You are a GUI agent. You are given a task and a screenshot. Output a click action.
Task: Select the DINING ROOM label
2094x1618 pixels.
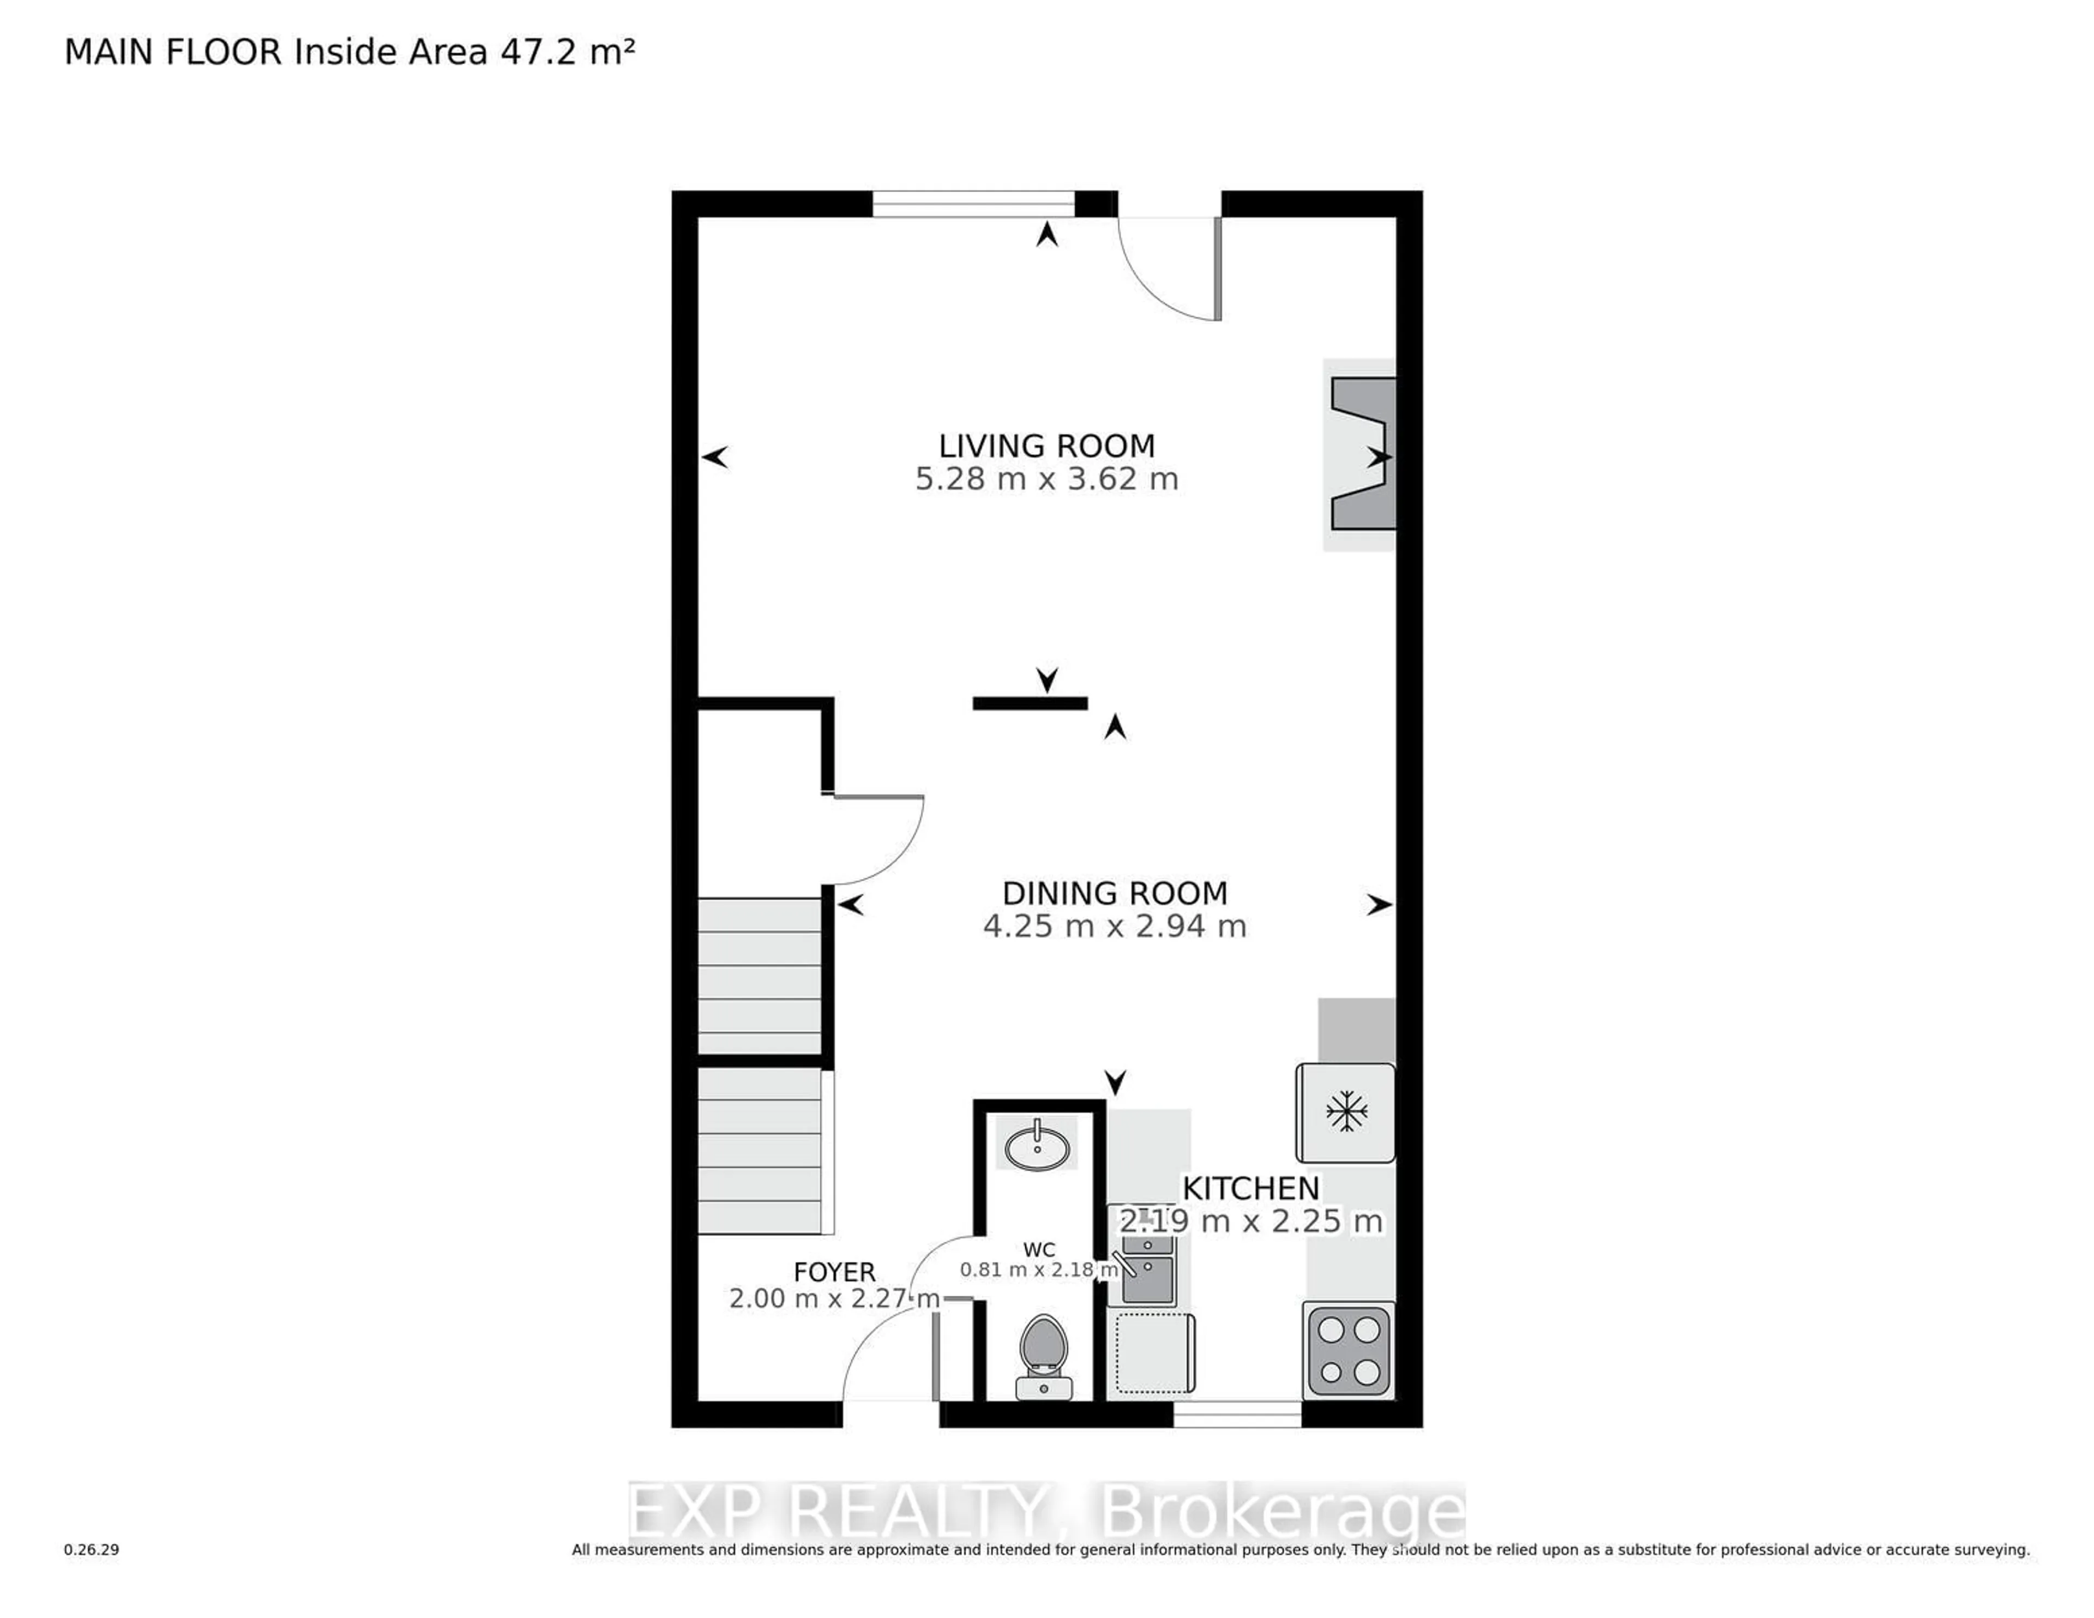tap(1114, 893)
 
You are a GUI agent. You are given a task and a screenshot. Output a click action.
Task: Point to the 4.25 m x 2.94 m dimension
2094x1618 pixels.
tap(1114, 927)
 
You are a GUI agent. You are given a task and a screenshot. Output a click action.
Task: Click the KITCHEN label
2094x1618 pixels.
tap(1250, 1188)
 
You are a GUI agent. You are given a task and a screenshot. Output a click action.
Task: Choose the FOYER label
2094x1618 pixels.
tap(834, 1272)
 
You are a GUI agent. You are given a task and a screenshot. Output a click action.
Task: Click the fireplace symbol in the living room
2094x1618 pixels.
tap(1362, 454)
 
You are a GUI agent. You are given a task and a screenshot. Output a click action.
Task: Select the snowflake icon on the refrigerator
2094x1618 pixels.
tap(1346, 1111)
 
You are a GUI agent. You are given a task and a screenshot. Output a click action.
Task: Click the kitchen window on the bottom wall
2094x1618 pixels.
tap(1237, 1413)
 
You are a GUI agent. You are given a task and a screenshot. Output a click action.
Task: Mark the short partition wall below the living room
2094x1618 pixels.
tap(1030, 703)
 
